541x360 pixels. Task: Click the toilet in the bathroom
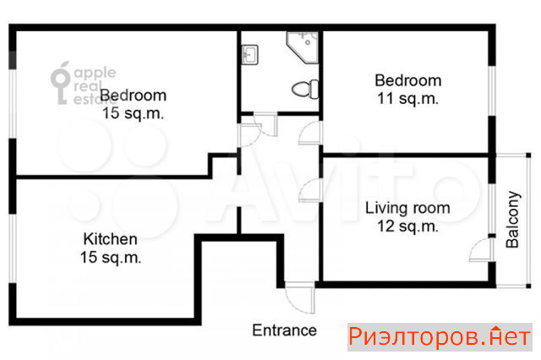(x=305, y=90)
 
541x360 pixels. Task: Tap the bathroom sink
(x=249, y=55)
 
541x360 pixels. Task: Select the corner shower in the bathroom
(x=303, y=47)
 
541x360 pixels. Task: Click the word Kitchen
(x=111, y=239)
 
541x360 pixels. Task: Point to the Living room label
(x=407, y=208)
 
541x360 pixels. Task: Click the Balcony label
(x=512, y=220)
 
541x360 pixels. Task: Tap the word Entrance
(x=284, y=330)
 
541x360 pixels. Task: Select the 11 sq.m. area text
(x=407, y=99)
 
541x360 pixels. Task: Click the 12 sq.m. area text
(x=407, y=226)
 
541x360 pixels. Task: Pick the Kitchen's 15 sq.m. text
(x=111, y=258)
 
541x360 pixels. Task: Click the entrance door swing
(x=300, y=298)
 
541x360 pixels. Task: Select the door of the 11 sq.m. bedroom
(x=310, y=133)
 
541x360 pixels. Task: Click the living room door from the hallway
(x=310, y=190)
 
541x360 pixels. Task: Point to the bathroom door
(x=265, y=124)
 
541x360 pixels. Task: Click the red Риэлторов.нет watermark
(x=440, y=337)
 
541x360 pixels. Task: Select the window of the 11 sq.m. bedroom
(x=492, y=91)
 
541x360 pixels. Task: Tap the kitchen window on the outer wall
(x=13, y=248)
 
